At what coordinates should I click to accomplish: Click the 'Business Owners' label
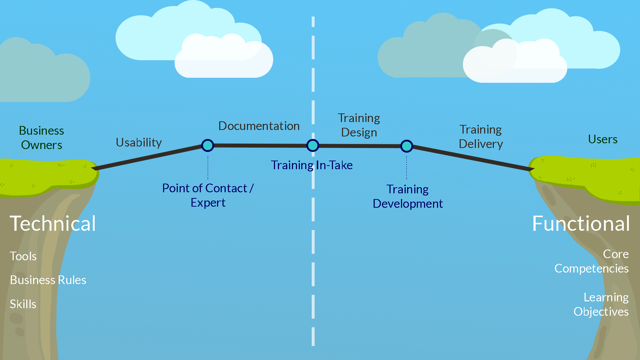[41, 138]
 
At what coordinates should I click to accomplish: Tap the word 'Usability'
[139, 143]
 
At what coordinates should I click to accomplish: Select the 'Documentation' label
[259, 126]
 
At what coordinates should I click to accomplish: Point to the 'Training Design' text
[359, 125]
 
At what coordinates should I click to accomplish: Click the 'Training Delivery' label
[481, 137]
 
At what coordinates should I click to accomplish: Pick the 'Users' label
[603, 139]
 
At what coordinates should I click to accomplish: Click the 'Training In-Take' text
[312, 165]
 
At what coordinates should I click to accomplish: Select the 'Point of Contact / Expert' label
[208, 195]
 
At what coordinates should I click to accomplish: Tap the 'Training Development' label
[407, 197]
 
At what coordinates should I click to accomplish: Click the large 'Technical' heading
[53, 224]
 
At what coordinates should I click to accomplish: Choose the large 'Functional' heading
[581, 224]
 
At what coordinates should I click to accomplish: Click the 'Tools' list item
[23, 256]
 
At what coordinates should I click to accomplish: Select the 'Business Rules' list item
[48, 280]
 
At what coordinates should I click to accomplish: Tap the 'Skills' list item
[23, 304]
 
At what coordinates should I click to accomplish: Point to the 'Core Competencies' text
[591, 261]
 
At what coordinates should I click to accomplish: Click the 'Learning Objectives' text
[601, 305]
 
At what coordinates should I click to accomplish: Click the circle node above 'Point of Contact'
[208, 145]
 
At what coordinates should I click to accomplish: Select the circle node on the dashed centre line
[313, 145]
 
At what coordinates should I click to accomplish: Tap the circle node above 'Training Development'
[407, 146]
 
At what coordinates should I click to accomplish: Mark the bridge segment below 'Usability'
[148, 157]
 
